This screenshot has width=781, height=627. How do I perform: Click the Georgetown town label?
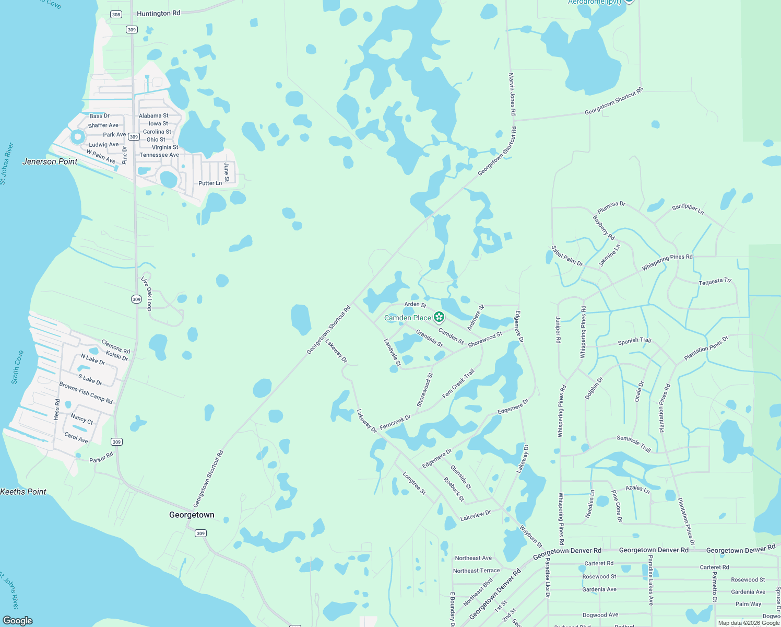point(192,515)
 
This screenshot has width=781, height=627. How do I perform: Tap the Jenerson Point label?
point(50,161)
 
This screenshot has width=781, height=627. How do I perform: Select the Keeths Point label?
point(23,492)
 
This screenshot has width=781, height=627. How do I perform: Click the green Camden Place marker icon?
point(439,317)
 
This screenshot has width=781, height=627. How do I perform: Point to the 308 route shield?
point(116,14)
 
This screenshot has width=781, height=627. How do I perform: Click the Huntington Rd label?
point(158,14)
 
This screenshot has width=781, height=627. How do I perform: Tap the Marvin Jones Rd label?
point(512,94)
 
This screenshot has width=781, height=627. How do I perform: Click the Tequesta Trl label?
point(715,282)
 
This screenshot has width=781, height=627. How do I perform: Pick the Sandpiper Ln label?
point(688,209)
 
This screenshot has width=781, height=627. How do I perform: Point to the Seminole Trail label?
point(634,444)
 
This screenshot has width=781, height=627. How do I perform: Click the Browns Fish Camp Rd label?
point(86,393)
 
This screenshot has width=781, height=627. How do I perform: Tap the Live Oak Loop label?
point(146,294)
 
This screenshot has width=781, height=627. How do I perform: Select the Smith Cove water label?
point(17,367)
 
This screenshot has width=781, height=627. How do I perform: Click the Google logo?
point(17,621)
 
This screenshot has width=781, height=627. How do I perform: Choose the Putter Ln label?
point(210,183)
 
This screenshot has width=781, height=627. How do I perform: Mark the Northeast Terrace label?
point(476,571)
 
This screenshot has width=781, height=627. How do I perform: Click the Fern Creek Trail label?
point(458,384)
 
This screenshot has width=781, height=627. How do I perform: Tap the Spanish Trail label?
point(634,341)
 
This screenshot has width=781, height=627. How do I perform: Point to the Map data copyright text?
point(749,623)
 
